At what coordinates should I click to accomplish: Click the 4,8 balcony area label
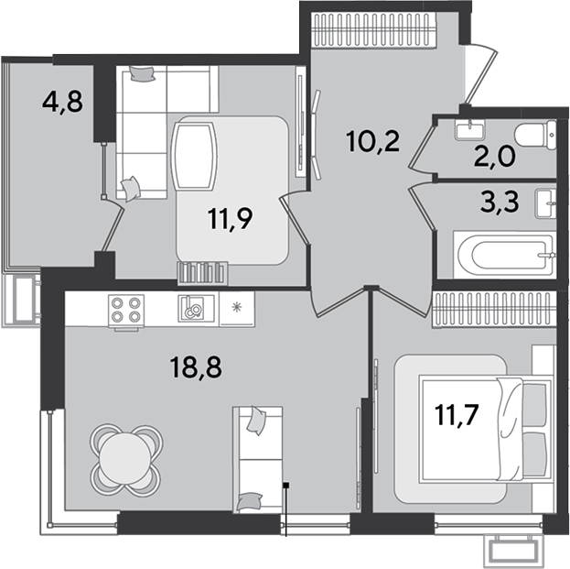(62, 103)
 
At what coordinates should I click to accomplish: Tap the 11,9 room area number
(231, 219)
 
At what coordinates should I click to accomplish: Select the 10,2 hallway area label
(373, 142)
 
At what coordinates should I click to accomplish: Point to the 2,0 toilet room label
(494, 158)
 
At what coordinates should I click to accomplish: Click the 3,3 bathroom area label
(500, 202)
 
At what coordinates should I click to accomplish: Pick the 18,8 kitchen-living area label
(196, 367)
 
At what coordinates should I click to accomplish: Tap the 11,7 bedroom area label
(457, 415)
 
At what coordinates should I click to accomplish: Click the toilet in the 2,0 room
(537, 135)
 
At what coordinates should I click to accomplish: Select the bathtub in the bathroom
(505, 255)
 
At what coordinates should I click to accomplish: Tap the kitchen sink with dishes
(196, 309)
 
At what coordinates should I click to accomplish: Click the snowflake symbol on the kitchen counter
(237, 308)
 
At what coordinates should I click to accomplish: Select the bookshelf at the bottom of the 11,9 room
(203, 273)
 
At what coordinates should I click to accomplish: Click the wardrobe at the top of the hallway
(374, 30)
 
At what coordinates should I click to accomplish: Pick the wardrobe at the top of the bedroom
(494, 310)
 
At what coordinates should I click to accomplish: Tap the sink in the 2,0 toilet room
(470, 129)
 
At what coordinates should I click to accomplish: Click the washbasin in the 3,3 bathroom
(546, 203)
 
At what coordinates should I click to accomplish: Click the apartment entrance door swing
(480, 74)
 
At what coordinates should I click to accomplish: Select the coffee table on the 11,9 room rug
(195, 157)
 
